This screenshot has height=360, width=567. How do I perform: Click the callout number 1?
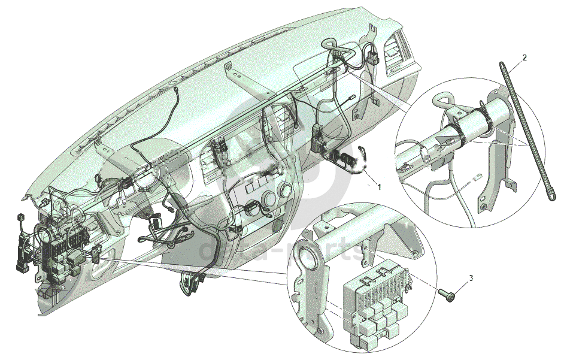[378, 186]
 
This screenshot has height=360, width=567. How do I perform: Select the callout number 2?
[524, 58]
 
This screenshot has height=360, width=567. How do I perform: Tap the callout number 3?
[471, 278]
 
